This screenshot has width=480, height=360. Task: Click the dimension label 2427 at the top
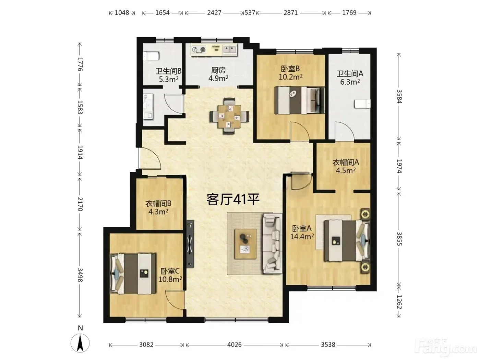[214, 13]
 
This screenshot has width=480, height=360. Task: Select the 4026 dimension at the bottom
[234, 345]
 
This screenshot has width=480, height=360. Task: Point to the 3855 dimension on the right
[399, 239]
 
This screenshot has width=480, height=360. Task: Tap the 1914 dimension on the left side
[80, 152]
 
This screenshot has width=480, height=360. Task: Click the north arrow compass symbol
[80, 343]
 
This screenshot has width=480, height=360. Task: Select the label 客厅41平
[233, 200]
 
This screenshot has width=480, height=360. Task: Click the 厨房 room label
[218, 70]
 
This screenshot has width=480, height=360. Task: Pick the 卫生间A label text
[350, 74]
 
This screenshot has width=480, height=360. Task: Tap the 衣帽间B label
[158, 204]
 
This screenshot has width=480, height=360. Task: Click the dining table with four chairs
[229, 116]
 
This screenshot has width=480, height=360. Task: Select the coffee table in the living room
[245, 244]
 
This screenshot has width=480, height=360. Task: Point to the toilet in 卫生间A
[362, 104]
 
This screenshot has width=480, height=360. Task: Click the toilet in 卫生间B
[151, 56]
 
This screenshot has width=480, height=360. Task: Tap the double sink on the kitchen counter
[230, 50]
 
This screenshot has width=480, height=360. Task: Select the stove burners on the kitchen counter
[199, 50]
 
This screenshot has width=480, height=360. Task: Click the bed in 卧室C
[133, 274]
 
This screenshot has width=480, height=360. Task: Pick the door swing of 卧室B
[300, 131]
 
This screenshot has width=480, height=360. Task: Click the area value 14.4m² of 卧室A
[302, 236]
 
